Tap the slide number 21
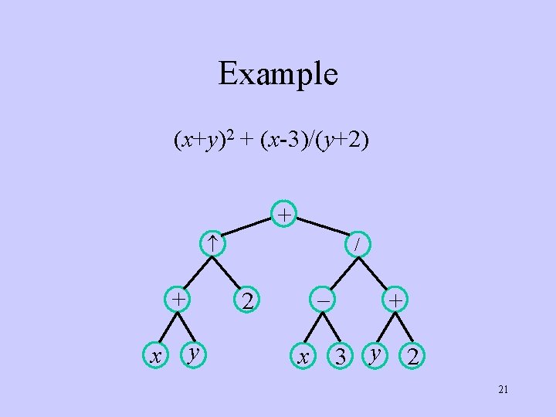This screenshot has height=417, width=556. [x=503, y=390]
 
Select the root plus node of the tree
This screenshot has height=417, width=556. [x=285, y=214]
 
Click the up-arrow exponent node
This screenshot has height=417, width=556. [x=212, y=243]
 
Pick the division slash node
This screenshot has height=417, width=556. [x=358, y=243]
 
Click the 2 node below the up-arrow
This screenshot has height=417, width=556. [x=246, y=300]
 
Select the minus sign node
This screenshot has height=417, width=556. [x=320, y=299]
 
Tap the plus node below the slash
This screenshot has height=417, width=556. [x=394, y=299]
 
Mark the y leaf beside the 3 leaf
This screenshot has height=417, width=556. [x=375, y=354]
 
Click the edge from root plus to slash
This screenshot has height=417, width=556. [x=323, y=229]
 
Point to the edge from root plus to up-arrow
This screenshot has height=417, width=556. [x=248, y=229]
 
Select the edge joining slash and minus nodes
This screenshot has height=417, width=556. [x=340, y=270]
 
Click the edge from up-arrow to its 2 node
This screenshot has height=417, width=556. [x=229, y=271]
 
